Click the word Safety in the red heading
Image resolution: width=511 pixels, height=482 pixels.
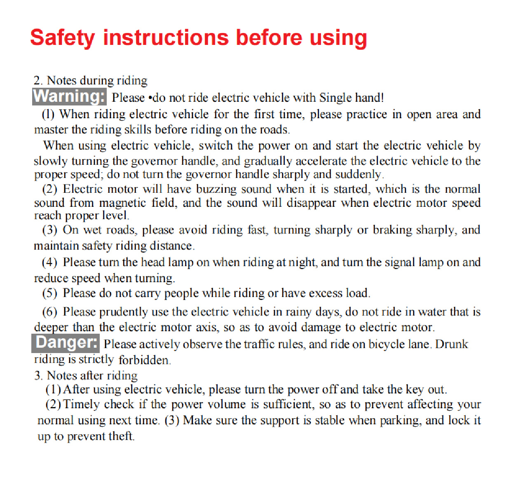tap(62, 38)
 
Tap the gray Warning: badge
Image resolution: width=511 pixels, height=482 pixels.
tap(69, 96)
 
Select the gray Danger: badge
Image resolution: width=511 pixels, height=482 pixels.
tap(66, 343)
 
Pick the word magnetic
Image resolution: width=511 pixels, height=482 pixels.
tap(123, 203)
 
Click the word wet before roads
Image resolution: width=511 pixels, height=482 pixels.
tap(93, 230)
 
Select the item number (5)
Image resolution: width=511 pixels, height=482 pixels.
tap(49, 293)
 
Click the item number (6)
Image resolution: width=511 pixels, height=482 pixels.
tap(49, 312)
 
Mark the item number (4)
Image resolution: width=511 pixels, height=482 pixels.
tap(49, 262)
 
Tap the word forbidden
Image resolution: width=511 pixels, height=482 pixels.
tap(144, 360)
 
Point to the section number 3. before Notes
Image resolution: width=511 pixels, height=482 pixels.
tap(38, 375)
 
